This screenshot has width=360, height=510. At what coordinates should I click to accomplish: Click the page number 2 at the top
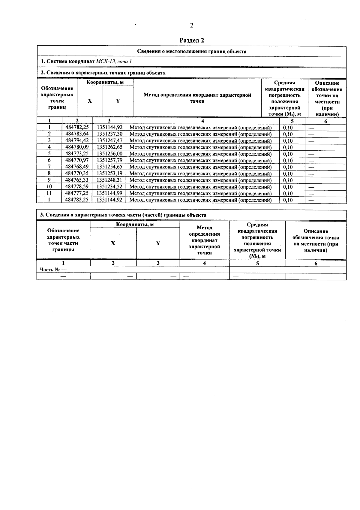(192, 26)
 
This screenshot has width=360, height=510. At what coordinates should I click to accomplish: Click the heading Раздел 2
(192, 40)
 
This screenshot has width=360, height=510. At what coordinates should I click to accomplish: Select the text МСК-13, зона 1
(114, 62)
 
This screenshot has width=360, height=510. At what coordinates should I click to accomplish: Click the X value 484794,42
(77, 140)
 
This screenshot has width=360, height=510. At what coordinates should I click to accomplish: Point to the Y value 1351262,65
(109, 147)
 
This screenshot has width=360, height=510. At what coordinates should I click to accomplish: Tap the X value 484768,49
(77, 167)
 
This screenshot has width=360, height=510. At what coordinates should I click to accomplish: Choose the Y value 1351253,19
(109, 174)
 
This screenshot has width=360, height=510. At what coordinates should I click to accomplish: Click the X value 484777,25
(77, 193)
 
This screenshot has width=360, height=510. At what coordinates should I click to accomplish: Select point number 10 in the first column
(49, 187)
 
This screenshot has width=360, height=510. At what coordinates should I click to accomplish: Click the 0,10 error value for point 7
(288, 167)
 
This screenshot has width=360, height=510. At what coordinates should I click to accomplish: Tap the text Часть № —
(53, 270)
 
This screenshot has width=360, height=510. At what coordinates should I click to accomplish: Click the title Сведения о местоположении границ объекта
(192, 51)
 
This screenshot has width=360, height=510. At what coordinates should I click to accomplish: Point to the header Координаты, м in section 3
(135, 225)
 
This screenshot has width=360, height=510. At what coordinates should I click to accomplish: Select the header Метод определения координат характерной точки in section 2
(197, 98)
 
